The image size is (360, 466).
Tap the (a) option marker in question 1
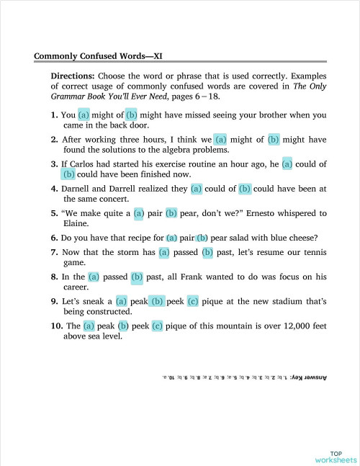coord(84,115)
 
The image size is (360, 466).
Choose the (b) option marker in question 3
coord(68,174)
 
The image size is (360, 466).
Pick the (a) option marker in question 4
coord(197,189)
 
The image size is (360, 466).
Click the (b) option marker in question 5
coord(171,213)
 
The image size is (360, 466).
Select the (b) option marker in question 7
coord(208,252)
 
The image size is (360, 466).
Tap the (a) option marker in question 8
coord(94,277)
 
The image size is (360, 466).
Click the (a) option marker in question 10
coord(89,326)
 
